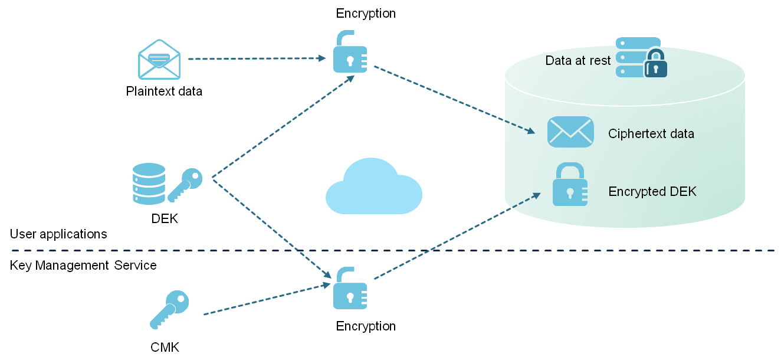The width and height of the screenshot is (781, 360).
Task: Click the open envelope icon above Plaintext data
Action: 159,59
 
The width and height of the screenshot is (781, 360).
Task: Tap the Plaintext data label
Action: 164,91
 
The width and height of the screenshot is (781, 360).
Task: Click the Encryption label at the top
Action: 366,14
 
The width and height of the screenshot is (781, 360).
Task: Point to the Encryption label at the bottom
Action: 366,326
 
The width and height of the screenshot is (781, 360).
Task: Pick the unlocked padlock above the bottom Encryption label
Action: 350,289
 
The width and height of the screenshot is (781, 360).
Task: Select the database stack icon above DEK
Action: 149,184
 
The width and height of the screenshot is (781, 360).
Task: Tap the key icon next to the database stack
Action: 185,184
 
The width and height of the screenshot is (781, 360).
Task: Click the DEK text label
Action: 165,219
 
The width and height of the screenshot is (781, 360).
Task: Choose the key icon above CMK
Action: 169,309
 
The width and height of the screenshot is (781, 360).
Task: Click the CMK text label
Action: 165,347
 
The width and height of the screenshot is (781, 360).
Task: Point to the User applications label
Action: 58,234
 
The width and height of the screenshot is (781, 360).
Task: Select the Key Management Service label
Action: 83,265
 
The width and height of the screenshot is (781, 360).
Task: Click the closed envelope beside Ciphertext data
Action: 570,132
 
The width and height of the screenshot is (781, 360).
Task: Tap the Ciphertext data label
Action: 651,133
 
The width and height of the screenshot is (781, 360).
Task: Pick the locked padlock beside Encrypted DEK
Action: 570,185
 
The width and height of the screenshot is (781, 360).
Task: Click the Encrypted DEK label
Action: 652,191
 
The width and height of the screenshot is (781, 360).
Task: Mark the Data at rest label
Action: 577,60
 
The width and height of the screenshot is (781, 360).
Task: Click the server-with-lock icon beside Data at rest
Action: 641,57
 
